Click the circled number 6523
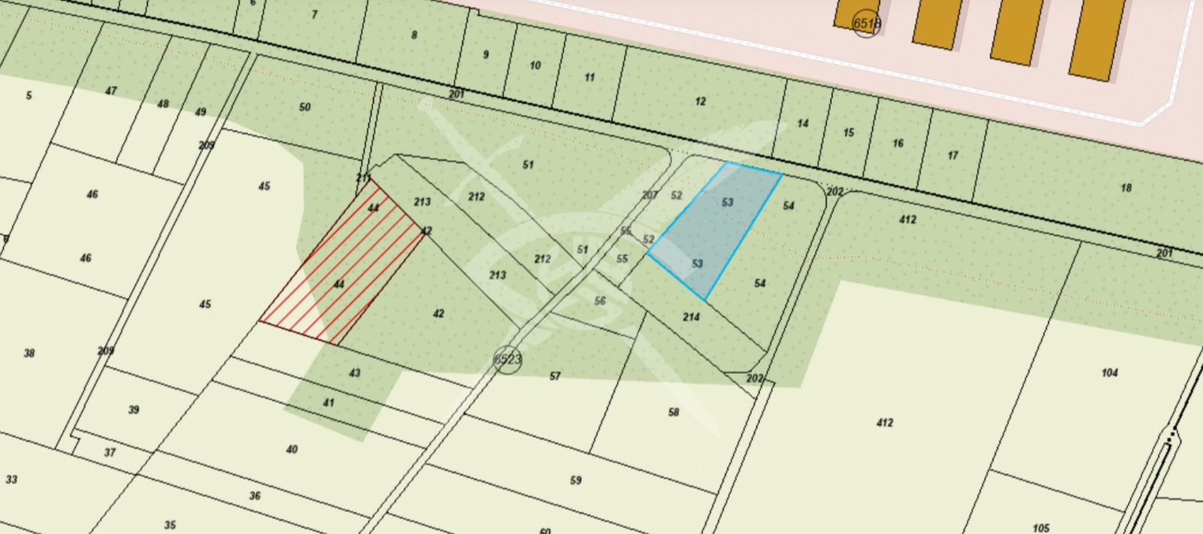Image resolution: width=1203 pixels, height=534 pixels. click(x=508, y=359)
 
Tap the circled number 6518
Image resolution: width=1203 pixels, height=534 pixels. click(x=866, y=23)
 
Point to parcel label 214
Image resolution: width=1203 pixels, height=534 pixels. click(x=691, y=317)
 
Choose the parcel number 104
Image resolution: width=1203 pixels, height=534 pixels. click(x=1109, y=372)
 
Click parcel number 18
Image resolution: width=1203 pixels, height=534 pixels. click(x=1126, y=187)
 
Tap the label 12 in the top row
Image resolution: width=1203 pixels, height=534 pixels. click(x=700, y=101)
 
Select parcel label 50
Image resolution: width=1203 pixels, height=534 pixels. click(x=305, y=107)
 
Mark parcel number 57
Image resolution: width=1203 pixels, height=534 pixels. click(x=555, y=375)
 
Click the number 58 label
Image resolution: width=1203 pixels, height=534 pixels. click(x=673, y=411)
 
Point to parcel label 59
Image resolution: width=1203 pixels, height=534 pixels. click(x=575, y=480)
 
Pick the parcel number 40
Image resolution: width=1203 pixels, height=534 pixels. click(x=292, y=449)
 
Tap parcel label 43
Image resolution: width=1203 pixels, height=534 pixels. click(x=355, y=372)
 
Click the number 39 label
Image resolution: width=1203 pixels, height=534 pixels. click(x=134, y=409)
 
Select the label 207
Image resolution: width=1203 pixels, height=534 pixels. click(x=650, y=195)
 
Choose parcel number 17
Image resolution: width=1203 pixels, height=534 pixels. click(x=953, y=156)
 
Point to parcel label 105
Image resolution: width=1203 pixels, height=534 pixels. click(x=1041, y=528)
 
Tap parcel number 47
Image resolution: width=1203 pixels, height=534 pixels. click(x=111, y=91)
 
